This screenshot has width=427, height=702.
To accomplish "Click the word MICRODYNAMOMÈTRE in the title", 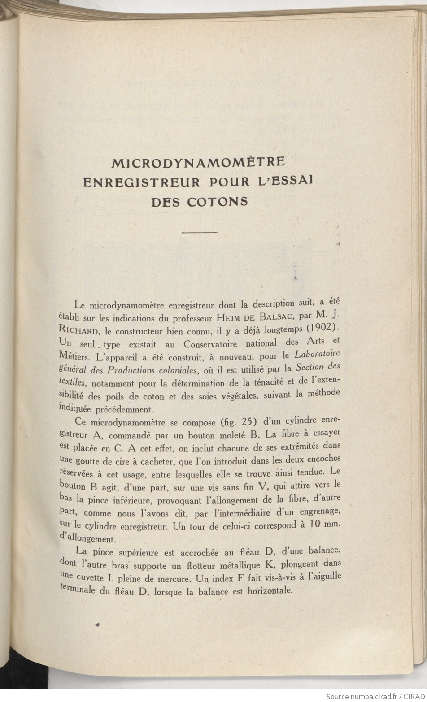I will click(x=198, y=163).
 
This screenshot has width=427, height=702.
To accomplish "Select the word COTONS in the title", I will click(x=217, y=201).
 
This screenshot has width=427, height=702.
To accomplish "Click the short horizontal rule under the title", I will click(x=200, y=232).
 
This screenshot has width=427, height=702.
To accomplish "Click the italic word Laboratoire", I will click(x=317, y=354).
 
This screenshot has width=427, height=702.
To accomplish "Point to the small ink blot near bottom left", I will click(x=97, y=624).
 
